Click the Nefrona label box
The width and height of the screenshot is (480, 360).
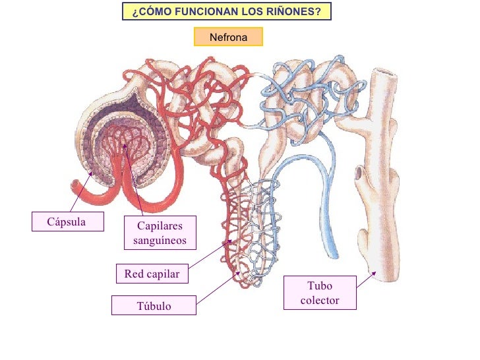(x=228, y=37)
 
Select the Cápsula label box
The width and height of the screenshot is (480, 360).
(x=67, y=222)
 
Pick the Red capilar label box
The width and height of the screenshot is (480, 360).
(x=152, y=274)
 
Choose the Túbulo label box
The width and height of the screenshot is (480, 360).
(x=154, y=306)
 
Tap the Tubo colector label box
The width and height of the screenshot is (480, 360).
(x=320, y=293)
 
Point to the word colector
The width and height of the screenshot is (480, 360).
(x=320, y=301)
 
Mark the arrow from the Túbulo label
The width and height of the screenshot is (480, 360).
(x=218, y=288)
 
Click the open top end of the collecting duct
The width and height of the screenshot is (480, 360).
(x=384, y=74)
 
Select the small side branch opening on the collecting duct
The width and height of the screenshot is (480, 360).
(x=358, y=173)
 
